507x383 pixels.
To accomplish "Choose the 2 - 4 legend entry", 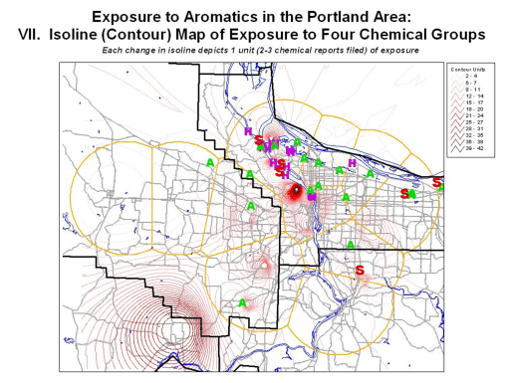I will (x=471, y=78).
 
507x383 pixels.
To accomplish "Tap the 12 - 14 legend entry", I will (x=472, y=96).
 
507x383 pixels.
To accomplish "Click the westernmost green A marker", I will (x=210, y=160).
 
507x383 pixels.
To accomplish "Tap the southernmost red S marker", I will (x=360, y=270).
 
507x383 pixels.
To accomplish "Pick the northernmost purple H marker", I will (x=248, y=131).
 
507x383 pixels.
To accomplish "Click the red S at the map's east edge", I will (x=437, y=182).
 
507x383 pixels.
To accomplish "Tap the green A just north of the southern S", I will (x=352, y=244).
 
